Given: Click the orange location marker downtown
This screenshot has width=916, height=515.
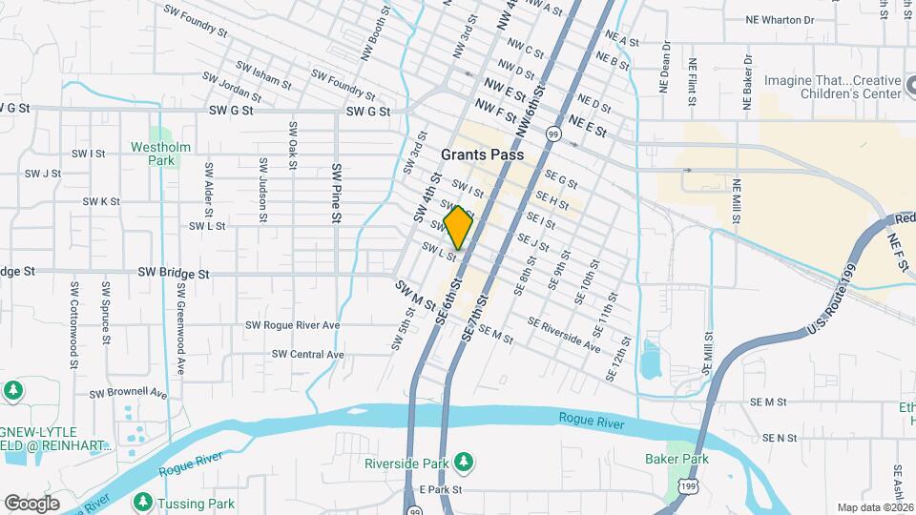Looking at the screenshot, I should (x=459, y=228).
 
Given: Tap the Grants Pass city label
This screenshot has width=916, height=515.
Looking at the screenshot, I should (x=483, y=154).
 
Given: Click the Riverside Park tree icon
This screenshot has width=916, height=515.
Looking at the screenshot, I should (x=464, y=462).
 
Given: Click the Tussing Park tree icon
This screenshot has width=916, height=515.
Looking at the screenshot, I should (x=143, y=501).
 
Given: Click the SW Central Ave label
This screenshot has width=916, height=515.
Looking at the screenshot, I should (x=307, y=354).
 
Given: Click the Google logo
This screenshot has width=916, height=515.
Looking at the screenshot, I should (x=31, y=503).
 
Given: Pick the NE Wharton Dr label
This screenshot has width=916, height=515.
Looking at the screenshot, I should (x=781, y=19).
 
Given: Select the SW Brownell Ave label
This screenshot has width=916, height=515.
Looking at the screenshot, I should (x=128, y=393).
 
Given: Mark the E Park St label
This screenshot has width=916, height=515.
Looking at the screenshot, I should (x=441, y=489).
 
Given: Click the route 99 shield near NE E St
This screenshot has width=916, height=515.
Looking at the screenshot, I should (x=553, y=134).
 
